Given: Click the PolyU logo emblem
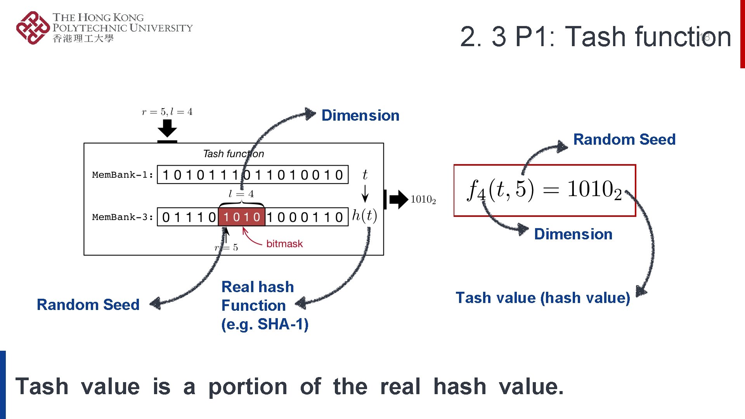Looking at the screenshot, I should pos(33,28).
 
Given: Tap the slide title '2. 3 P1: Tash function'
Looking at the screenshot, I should pos(595,37).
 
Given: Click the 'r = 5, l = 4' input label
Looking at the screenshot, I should pos(167,112).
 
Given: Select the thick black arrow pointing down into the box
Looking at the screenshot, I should pos(167,129).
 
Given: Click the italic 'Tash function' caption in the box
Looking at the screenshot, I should pos(233,154).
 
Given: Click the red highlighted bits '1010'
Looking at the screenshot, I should pos(241,217).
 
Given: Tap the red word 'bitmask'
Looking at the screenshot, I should pos(284,244).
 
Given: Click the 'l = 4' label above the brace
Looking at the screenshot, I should pos(241,194).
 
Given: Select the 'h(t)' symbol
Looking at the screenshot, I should pos(364,215).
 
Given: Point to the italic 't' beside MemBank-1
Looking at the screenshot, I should pos(365,175).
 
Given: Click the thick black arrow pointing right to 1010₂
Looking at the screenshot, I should pos(397,199).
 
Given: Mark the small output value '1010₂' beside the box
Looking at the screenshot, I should pos(423,200).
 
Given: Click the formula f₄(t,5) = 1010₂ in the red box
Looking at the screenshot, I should pos(544,190).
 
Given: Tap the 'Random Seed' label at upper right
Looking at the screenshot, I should pos(624,139).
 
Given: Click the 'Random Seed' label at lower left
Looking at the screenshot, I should pos(88,305).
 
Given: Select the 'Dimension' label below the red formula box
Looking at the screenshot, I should pos(573,234).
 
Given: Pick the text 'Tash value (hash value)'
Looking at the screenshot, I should pos(542,298).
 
